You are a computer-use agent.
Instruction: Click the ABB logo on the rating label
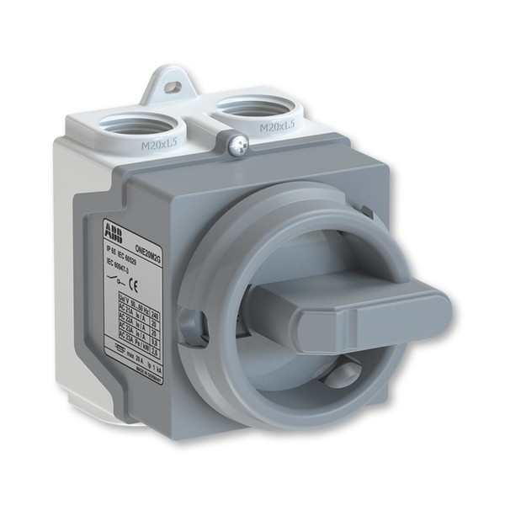coord(112,228)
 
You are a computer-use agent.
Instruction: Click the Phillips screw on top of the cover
coord(238,146)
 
